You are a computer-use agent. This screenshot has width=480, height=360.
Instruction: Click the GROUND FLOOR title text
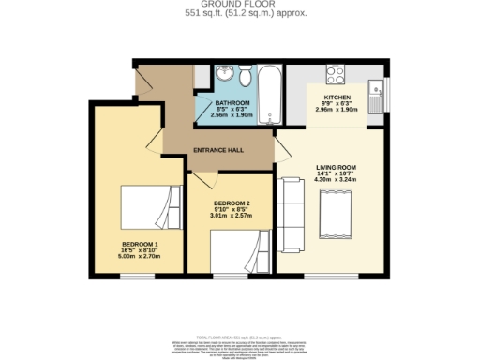(x=240, y=5)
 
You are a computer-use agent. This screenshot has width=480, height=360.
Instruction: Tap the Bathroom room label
(x=232, y=102)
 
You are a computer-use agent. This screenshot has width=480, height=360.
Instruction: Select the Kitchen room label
(x=337, y=97)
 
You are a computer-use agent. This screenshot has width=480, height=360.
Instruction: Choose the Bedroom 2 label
(x=231, y=204)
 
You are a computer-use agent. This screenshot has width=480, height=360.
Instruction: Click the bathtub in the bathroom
(x=271, y=94)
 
